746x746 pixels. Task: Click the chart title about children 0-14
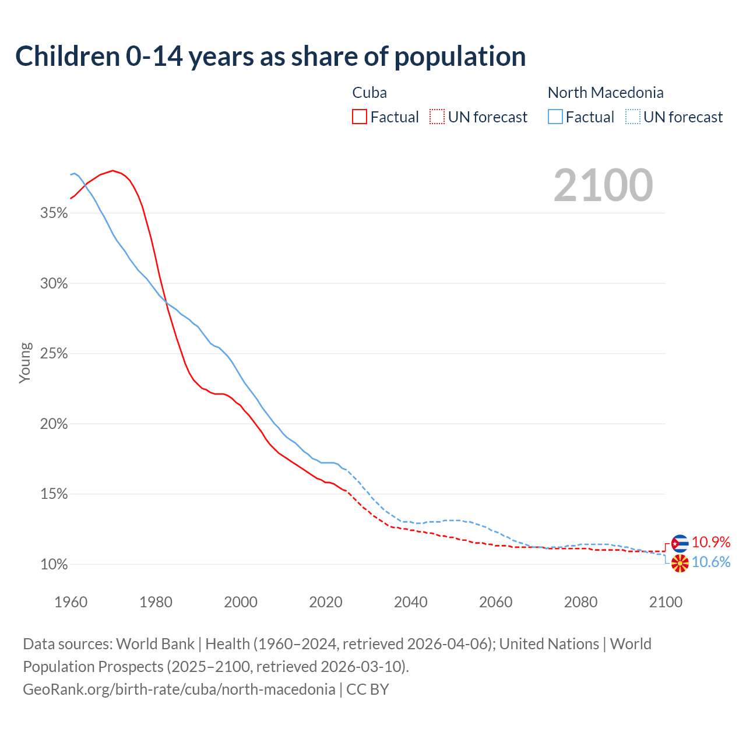tap(270, 57)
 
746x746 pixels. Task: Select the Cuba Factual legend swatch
tap(360, 117)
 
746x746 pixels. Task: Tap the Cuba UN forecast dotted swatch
tap(437, 117)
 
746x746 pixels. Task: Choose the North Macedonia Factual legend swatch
tap(555, 117)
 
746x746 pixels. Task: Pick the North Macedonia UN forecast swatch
tap(633, 117)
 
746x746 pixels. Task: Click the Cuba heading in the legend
tap(370, 93)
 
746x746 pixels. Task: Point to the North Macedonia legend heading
tap(606, 93)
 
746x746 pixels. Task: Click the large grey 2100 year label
tap(603, 185)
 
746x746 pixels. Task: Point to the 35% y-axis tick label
tap(54, 213)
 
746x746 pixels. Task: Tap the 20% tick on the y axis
tap(54, 424)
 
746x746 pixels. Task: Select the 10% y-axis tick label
tap(54, 565)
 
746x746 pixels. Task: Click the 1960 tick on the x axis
tap(71, 602)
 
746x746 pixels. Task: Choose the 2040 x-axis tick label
tap(411, 602)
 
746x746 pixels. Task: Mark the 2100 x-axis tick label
tap(666, 602)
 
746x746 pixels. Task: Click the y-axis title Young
tap(25, 363)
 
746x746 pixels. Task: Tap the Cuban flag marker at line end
tap(680, 543)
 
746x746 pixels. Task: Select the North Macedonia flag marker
tap(680, 564)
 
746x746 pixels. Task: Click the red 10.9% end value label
tap(711, 543)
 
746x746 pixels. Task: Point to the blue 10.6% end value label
tap(711, 562)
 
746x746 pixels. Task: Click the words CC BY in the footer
tap(368, 689)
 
